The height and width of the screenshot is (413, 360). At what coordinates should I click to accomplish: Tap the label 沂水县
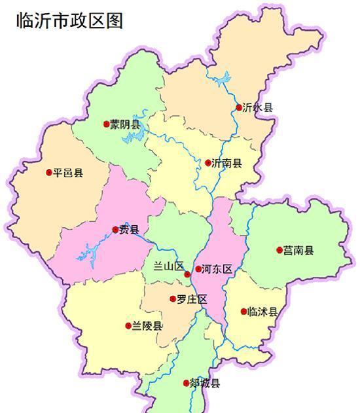(257, 107)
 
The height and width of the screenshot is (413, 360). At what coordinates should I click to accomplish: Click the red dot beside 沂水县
(239, 107)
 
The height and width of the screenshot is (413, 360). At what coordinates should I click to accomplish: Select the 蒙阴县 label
(125, 124)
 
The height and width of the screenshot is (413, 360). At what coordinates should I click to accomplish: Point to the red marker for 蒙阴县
(107, 124)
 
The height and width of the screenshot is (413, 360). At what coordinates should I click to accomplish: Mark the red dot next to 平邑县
(49, 173)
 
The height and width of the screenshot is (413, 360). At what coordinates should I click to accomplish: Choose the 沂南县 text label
(226, 163)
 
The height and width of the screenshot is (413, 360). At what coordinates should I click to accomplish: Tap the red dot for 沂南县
(208, 163)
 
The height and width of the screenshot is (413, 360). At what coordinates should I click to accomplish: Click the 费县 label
(130, 230)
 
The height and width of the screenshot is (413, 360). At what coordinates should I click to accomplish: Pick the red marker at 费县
(116, 230)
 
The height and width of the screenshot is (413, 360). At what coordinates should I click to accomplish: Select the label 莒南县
(299, 251)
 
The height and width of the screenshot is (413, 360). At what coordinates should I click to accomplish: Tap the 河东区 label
(217, 269)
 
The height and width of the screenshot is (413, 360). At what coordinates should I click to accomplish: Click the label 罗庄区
(192, 299)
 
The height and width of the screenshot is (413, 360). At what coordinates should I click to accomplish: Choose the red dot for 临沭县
(243, 312)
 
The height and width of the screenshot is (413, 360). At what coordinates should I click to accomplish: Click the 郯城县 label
(205, 384)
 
